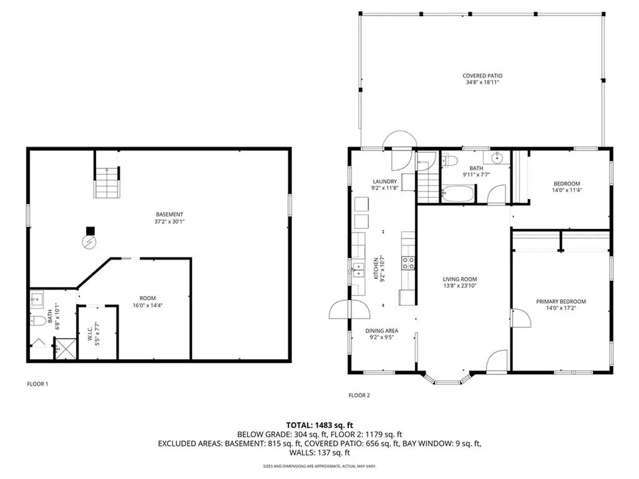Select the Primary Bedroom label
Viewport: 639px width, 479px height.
[x=561, y=302]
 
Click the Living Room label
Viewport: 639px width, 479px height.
[x=460, y=280]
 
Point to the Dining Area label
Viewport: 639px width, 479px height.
[x=382, y=331]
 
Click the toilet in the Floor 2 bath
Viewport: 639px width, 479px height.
[x=451, y=161]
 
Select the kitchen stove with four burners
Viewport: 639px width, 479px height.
[x=408, y=263]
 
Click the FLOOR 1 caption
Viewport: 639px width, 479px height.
[x=37, y=384]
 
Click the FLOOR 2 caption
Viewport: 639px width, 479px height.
[x=359, y=395]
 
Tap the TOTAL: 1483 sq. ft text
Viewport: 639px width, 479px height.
[x=319, y=425]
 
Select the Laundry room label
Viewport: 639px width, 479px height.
[x=384, y=182]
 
